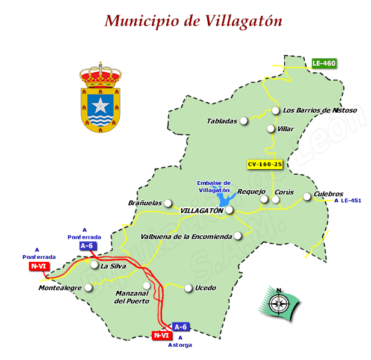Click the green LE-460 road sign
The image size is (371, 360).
[x=324, y=63]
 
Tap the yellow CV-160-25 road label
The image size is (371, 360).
[x=265, y=164]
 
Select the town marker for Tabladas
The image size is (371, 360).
[x=244, y=121]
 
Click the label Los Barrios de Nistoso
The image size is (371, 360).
[x=320, y=110]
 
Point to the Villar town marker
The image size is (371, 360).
[x=271, y=129]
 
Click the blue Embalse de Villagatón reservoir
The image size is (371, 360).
[x=223, y=199]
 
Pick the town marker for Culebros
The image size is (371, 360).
[x=307, y=196]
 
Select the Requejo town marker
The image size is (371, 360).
[x=263, y=199]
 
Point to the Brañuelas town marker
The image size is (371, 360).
[x=168, y=203]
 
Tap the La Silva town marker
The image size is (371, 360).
[x=94, y=265]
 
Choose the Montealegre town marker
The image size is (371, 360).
[x=89, y=288]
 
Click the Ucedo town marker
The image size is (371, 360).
[x=188, y=288]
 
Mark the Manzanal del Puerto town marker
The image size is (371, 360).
[x=146, y=285]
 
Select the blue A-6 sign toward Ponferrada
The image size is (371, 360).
[x=87, y=246]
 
